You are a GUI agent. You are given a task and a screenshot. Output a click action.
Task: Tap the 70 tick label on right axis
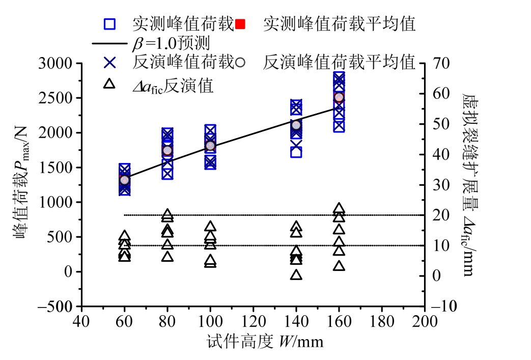440,64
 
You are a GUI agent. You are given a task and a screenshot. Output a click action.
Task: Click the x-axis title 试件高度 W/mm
265,341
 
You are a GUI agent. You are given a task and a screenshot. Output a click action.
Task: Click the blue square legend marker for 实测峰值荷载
109,23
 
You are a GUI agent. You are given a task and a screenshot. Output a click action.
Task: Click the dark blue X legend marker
109,62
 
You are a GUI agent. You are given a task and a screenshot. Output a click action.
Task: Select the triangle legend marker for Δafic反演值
109,84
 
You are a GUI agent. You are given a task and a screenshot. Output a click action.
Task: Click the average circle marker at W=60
124,180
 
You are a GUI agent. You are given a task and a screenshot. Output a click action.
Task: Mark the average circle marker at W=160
339,97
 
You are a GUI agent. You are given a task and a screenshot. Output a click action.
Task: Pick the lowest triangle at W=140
296,275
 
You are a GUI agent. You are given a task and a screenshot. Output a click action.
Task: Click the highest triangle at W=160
339,208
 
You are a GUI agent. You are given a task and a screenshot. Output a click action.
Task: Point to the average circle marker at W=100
210,146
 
